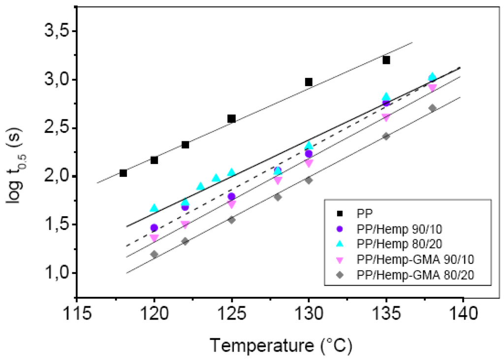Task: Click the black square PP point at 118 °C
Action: (x=123, y=173)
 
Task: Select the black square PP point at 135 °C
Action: (x=386, y=60)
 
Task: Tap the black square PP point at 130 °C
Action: (x=309, y=82)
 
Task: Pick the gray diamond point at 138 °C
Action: (x=432, y=108)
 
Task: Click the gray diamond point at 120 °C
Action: (x=154, y=254)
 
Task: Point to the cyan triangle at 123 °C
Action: (x=200, y=186)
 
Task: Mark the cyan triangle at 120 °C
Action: (x=154, y=208)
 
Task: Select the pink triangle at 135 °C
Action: (x=386, y=118)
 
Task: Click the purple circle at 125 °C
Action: (x=231, y=196)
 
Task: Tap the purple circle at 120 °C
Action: (x=154, y=228)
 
